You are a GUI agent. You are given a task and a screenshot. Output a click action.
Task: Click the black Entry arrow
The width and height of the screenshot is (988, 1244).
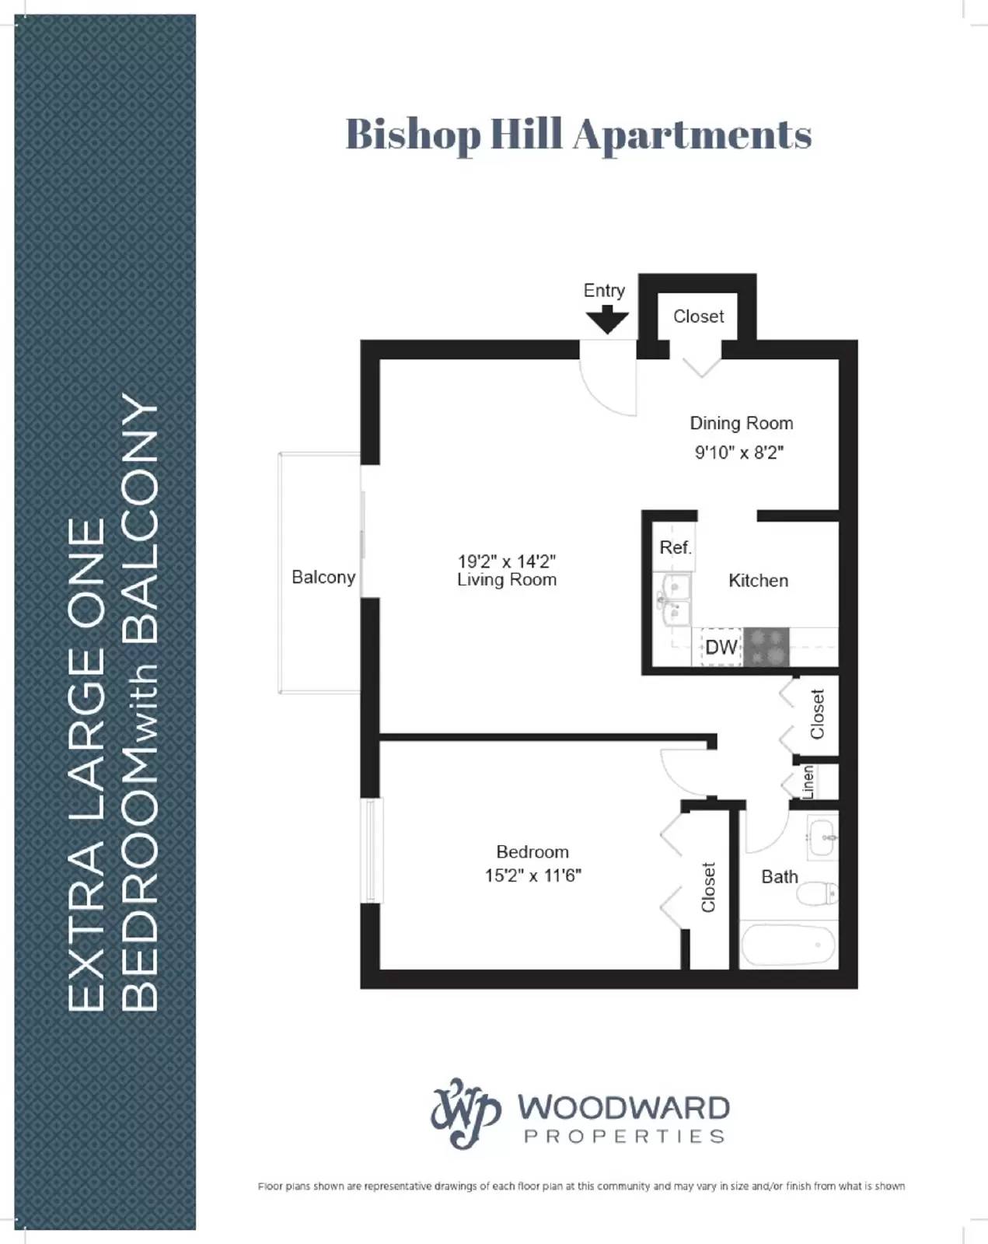pos(606,320)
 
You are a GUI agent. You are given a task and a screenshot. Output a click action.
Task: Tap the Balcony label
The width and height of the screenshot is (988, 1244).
pos(323,577)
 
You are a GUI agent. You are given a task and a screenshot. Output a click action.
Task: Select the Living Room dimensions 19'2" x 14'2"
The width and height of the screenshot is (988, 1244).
pos(507,561)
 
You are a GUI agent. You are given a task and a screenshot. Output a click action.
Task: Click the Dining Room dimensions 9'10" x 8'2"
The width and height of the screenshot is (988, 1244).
pos(739,453)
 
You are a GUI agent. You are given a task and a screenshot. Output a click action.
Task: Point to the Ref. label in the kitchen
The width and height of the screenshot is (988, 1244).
pos(675,547)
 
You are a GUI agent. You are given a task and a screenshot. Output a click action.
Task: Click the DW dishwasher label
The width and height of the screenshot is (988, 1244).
pos(721,647)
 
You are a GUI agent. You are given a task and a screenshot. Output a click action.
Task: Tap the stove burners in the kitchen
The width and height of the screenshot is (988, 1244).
pos(766,647)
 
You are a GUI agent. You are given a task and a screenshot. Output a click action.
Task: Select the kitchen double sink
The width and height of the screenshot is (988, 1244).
pos(673,599)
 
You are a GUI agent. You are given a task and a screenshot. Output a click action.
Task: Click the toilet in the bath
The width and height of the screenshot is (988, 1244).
pos(818,894)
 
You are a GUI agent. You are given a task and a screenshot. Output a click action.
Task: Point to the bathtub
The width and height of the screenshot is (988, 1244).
pos(788,945)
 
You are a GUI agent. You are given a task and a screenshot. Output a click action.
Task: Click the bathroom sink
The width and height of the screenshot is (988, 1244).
pos(823,837)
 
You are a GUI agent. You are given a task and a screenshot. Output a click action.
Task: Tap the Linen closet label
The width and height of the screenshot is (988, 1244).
pos(808,782)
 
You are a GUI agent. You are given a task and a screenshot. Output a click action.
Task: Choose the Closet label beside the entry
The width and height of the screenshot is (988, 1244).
pos(698,316)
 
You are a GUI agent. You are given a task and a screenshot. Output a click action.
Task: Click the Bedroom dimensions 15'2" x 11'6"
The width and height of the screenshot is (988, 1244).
pos(533,875)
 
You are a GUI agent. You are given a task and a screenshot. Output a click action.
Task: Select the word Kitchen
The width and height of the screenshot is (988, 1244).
pos(758,581)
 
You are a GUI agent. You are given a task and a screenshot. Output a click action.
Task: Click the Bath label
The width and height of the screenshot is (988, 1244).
pos(780,877)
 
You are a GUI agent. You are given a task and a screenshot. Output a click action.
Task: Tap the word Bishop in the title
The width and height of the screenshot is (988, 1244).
pos(413,135)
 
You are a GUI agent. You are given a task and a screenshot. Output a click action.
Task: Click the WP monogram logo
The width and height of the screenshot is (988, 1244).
pos(466,1113)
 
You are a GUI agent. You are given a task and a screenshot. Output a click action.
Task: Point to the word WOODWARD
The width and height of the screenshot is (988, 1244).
pos(624,1107)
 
